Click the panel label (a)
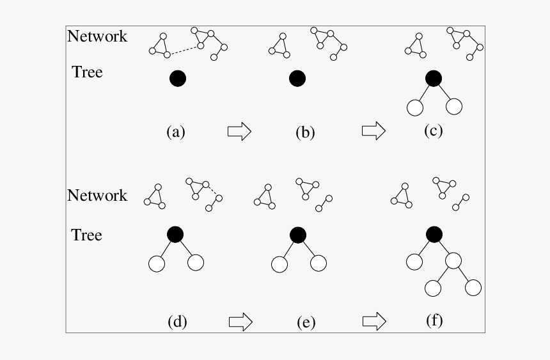175,132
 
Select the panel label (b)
305,132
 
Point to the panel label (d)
177,322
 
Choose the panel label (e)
306,322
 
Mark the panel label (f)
434,320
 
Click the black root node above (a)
178,79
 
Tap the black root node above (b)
297,79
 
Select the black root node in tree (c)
434,78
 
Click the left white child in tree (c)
414,107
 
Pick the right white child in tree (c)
453,107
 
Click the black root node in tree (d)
175,234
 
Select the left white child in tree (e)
279,263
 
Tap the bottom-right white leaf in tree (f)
473,288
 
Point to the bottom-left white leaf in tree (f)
433,288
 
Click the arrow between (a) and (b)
239,132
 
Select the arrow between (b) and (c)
373,131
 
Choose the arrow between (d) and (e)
240,321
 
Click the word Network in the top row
97,36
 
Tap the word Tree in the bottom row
87,235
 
